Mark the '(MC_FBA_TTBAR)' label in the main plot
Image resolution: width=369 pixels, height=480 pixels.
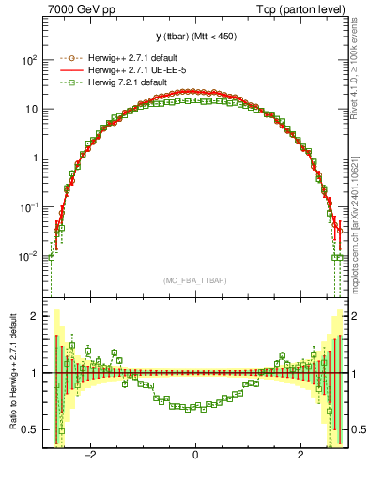[195, 280]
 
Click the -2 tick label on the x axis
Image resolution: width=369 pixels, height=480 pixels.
[90, 455]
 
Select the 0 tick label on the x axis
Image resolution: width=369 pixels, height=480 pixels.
[195, 455]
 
